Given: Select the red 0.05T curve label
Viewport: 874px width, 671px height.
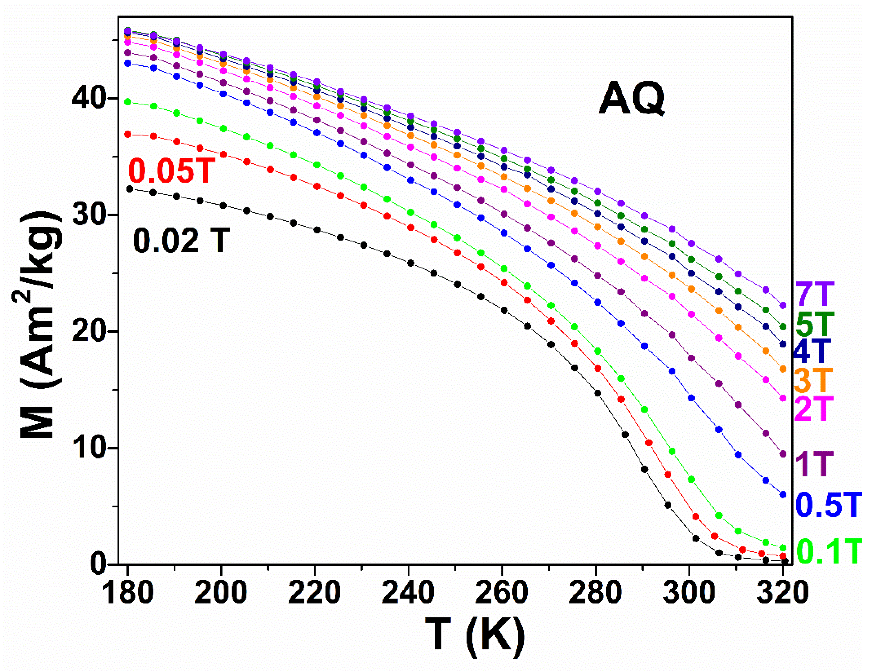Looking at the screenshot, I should point(172,171).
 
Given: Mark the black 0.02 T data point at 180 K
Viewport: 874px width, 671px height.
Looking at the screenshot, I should point(129,189).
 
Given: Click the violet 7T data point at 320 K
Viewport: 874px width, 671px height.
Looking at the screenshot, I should point(783,306).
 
